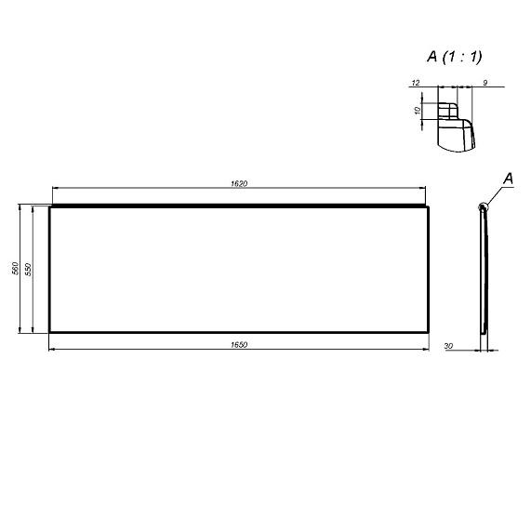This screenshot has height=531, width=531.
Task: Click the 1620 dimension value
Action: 238,182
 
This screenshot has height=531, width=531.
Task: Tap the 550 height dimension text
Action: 29,269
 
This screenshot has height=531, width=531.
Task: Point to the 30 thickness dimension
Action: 449,346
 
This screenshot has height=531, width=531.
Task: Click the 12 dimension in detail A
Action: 415,84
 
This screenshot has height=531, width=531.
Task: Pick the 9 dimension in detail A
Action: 486,84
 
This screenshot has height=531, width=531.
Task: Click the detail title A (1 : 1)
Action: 455,58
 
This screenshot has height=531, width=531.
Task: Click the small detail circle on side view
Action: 483,206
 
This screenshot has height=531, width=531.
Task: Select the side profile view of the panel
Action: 483,270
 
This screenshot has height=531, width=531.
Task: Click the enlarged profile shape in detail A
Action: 455,130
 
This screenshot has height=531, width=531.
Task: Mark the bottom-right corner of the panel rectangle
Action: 430,332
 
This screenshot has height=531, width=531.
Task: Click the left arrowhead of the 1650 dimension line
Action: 52,350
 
